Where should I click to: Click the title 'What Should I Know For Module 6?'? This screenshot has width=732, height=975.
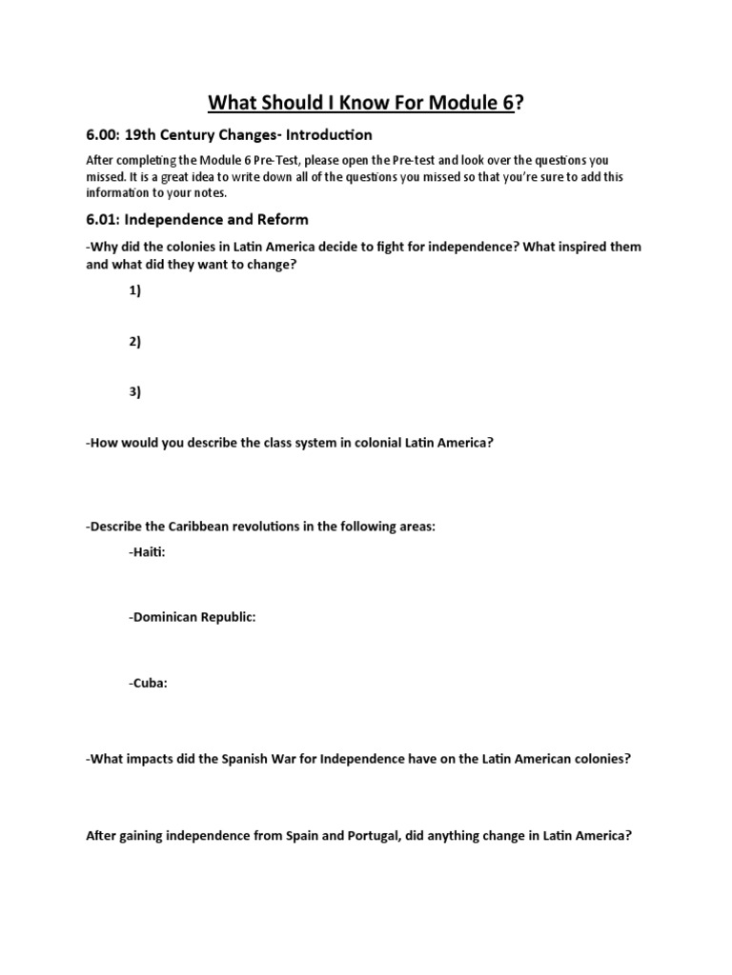pyautogui.click(x=366, y=103)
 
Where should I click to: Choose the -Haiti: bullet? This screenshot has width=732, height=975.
pyautogui.click(x=147, y=553)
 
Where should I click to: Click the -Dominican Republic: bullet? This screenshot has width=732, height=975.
pyautogui.click(x=192, y=617)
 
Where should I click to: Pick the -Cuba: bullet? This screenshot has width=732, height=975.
pyautogui.click(x=148, y=682)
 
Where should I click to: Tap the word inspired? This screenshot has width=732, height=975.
pyautogui.click(x=576, y=247)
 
